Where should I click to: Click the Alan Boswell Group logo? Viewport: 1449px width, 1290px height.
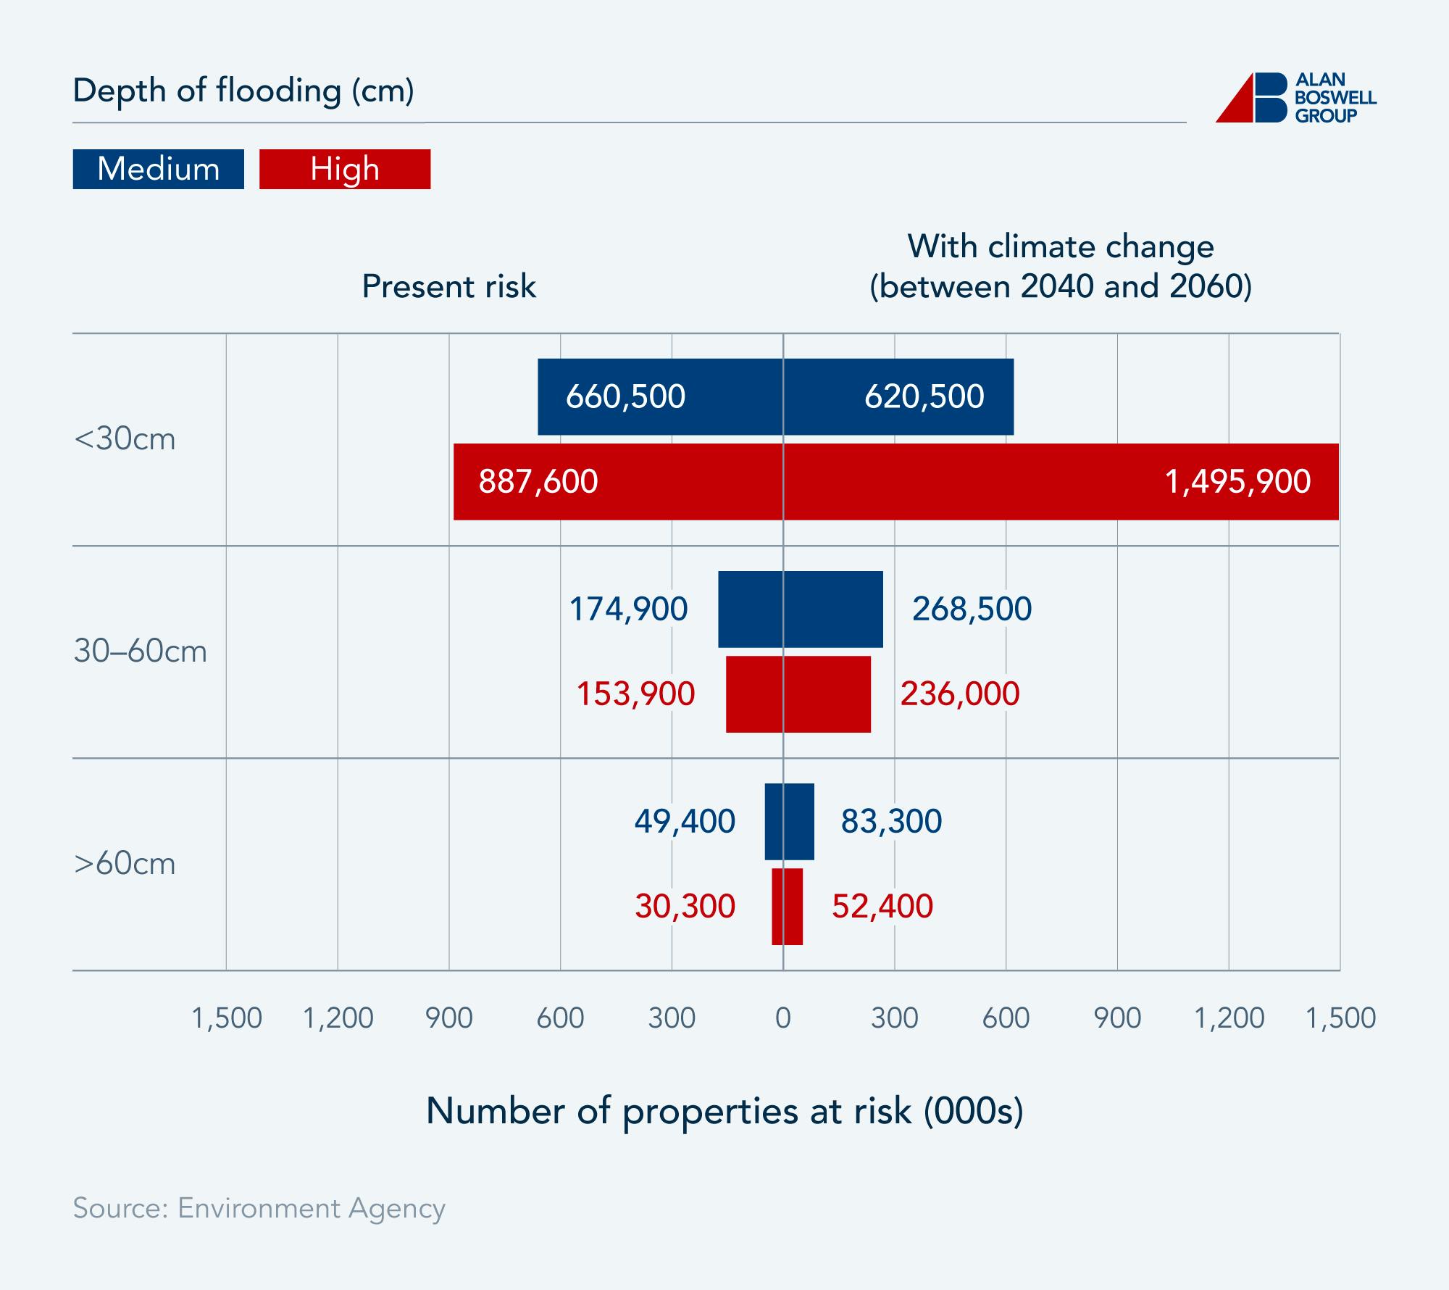1295,98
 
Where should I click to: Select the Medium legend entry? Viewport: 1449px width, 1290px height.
158,169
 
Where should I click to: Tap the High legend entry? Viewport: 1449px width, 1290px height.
345,169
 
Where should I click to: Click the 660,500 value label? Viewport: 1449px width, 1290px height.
625,396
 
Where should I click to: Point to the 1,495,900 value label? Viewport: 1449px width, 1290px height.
1237,481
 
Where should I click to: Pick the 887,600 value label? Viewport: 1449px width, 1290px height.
538,481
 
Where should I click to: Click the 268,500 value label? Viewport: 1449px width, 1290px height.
972,609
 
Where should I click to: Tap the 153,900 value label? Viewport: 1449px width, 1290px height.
635,694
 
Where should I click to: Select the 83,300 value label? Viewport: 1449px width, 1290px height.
891,821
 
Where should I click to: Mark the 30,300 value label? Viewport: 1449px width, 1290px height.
685,906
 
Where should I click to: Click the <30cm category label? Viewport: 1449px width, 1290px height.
125,439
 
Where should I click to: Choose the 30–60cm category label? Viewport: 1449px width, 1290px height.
141,652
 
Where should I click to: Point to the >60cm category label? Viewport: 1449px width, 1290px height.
125,864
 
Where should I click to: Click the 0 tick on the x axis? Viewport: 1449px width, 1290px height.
782,1018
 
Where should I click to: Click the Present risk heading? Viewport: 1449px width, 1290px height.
448,286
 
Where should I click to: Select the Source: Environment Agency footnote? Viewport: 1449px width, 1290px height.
259,1208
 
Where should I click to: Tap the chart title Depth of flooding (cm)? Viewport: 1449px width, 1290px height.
243,91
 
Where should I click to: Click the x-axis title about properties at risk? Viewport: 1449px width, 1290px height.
724,1111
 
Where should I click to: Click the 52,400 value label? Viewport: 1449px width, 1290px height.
882,906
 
